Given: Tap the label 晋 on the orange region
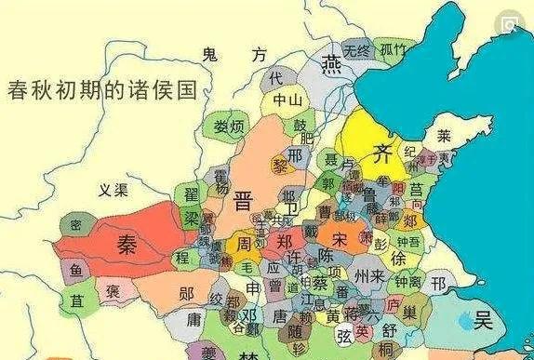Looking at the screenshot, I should [244, 199].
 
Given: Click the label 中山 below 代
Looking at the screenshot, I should [287, 100].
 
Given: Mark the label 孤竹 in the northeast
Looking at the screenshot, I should [391, 49].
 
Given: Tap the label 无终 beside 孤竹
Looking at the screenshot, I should [355, 49].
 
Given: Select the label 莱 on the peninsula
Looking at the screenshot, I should [444, 135].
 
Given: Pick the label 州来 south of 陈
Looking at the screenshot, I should [365, 277].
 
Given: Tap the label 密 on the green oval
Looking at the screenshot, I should [75, 225].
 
